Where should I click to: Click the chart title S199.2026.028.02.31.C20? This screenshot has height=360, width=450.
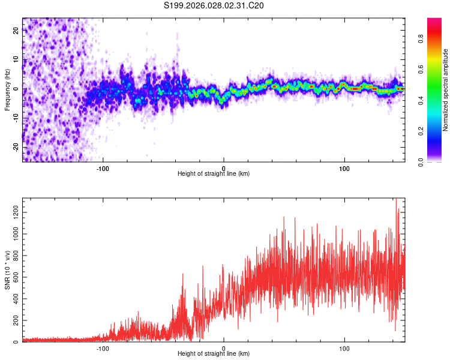214,6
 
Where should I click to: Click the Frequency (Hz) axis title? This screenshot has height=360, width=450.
7,90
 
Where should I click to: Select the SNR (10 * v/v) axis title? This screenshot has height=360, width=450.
7,270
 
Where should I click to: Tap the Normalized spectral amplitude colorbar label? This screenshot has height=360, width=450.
446,90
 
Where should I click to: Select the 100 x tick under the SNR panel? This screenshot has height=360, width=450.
344,349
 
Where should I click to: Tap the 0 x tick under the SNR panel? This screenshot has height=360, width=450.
224,349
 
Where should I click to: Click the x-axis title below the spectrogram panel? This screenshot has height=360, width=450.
214,174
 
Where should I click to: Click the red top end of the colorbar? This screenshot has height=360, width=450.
434,21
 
